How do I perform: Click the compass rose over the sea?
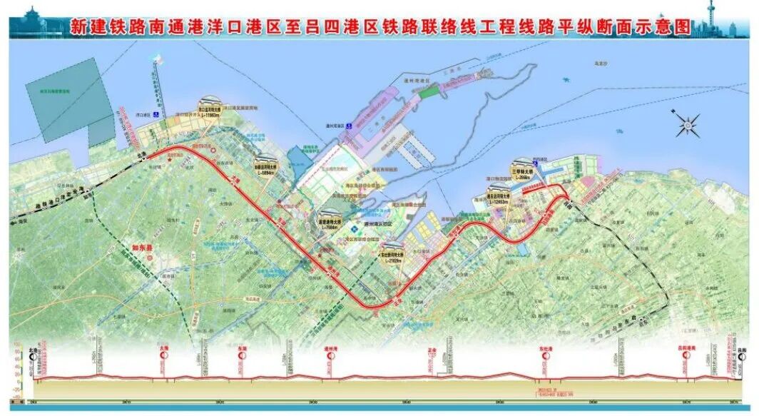point(687,125)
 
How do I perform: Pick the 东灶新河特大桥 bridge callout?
point(392,255)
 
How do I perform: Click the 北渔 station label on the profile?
point(33,350)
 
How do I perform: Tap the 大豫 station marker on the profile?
point(163,351)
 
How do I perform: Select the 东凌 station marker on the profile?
point(242,351)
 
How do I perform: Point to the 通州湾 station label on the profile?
point(330,350)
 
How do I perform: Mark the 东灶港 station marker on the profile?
point(545,351)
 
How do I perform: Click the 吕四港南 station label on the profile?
point(686,350)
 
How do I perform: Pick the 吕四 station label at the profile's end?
point(741,350)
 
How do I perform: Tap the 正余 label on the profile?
point(432,351)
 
